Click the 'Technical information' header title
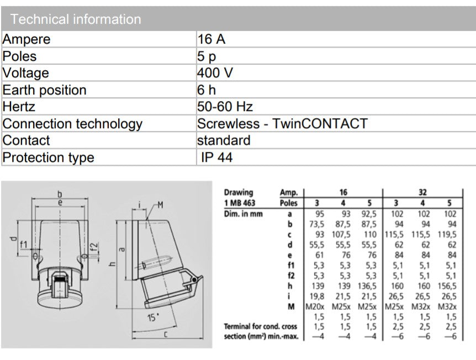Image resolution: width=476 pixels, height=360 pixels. click(76, 19)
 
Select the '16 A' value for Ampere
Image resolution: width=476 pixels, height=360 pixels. click(211, 39)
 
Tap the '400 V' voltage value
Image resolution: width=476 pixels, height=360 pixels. click(215, 73)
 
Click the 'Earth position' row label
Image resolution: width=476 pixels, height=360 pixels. click(45, 90)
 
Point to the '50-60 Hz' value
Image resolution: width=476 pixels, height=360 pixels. click(225, 107)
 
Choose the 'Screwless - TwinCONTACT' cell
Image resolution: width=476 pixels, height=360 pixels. click(282, 124)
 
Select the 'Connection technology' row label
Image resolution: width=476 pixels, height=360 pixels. click(72, 124)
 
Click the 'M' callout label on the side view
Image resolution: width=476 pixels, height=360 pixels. click(160, 205)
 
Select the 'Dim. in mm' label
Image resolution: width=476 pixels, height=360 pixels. click(244, 213)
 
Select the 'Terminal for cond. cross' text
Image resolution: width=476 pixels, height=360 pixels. click(260, 327)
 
